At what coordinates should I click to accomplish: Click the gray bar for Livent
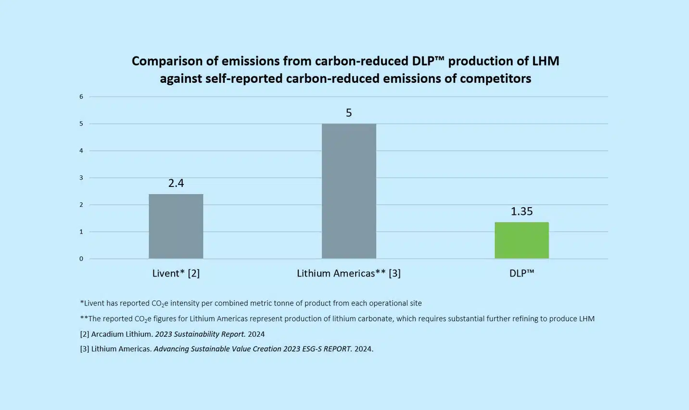pyautogui.click(x=176, y=226)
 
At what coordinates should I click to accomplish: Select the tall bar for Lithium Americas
pyautogui.click(x=349, y=191)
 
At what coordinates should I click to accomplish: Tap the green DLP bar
pyautogui.click(x=522, y=240)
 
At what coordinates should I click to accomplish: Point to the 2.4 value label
pyautogui.click(x=176, y=183)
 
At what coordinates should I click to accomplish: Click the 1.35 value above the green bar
pyautogui.click(x=522, y=212)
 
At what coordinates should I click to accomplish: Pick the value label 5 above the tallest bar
pyautogui.click(x=349, y=113)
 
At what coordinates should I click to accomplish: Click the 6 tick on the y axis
pyautogui.click(x=81, y=97)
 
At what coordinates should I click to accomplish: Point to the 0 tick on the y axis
pyautogui.click(x=81, y=259)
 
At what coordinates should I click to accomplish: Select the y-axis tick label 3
pyautogui.click(x=81, y=178)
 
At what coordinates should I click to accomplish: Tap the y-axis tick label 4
pyautogui.click(x=81, y=151)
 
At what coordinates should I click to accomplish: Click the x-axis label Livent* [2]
pyautogui.click(x=176, y=273)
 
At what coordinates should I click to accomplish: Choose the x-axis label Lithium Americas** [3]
pyautogui.click(x=349, y=273)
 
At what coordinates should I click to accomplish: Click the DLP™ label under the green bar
pyautogui.click(x=522, y=273)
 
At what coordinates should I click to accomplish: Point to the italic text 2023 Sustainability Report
pyautogui.click(x=200, y=334)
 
